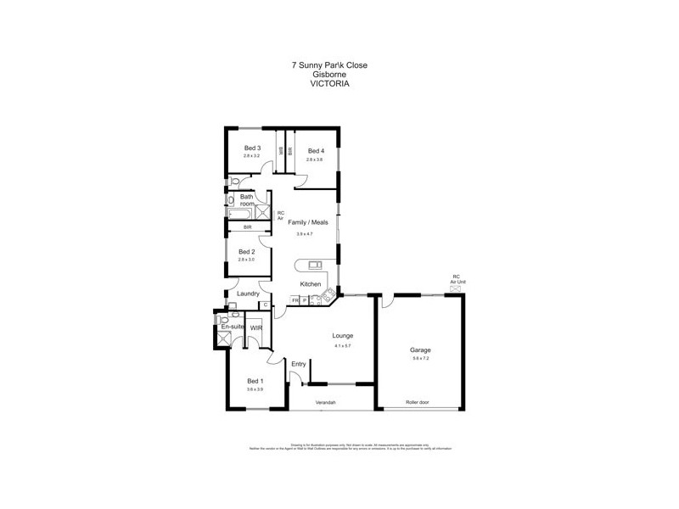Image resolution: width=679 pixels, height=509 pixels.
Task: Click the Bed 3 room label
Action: click(x=251, y=148)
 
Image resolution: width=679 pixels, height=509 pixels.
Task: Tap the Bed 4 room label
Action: click(x=317, y=151)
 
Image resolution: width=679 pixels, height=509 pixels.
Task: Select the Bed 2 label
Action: click(x=246, y=251)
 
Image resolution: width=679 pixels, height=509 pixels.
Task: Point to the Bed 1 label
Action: click(x=255, y=381)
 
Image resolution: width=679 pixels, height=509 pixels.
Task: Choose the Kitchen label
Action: click(x=311, y=283)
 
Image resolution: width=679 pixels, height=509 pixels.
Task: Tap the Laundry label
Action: click(x=248, y=294)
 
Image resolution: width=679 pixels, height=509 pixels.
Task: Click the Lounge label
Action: click(x=343, y=336)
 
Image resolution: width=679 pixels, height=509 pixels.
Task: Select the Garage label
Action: click(x=420, y=350)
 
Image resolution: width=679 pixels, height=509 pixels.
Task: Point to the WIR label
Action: click(x=256, y=327)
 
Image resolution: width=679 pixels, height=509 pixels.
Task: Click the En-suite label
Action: click(x=232, y=327)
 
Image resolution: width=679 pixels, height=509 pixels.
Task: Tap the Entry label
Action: click(x=298, y=364)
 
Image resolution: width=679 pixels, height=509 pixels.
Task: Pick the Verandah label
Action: click(x=327, y=402)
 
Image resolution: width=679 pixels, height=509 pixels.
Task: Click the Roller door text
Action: click(x=417, y=402)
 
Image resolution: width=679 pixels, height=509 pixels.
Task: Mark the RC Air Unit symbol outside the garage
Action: click(x=456, y=288)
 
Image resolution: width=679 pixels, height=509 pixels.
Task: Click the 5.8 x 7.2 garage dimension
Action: click(x=420, y=359)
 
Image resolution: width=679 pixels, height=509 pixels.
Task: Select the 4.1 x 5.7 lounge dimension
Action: click(x=343, y=345)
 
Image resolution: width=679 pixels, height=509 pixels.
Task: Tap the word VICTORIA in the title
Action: click(x=331, y=84)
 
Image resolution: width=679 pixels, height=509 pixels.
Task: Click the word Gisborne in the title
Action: click(x=330, y=74)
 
